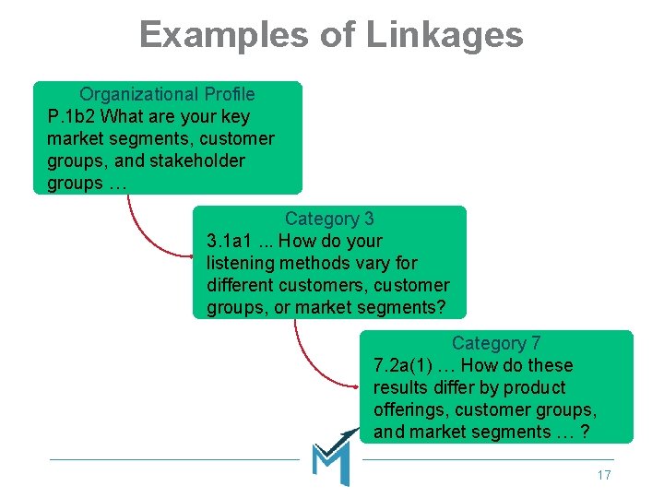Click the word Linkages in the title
pyautogui.click(x=445, y=35)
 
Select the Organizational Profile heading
pyautogui.click(x=167, y=94)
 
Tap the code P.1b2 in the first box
pyautogui.click(x=71, y=116)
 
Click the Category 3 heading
pyautogui.click(x=329, y=219)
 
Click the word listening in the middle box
pyautogui.click(x=243, y=263)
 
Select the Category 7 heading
pyautogui.click(x=496, y=343)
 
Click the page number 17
pyautogui.click(x=604, y=475)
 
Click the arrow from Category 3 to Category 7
pyautogui.click(x=309, y=355)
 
